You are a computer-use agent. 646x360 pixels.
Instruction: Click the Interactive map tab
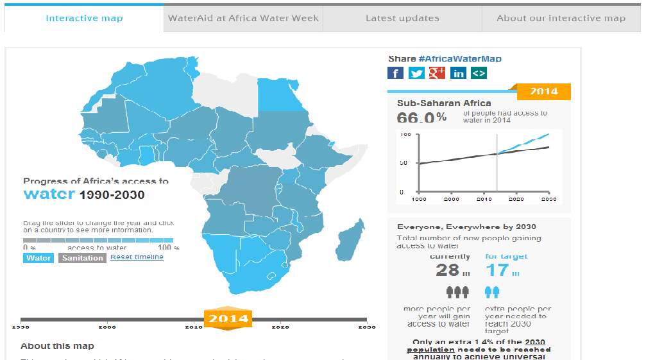coord(84,19)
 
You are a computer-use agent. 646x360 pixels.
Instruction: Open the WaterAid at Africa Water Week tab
coord(243,19)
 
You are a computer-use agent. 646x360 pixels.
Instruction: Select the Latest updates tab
coord(402,19)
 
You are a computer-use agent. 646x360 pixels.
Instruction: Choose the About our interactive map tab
coord(561,19)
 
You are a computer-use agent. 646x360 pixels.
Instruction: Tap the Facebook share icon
coord(396,73)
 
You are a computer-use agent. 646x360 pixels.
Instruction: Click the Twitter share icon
coord(416,73)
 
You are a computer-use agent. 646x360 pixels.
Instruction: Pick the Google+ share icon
coord(437,73)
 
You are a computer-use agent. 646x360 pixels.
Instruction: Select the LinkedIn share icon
coord(458,73)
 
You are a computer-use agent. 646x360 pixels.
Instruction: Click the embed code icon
coord(479,73)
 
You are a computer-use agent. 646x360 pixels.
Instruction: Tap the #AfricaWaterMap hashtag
coord(460,59)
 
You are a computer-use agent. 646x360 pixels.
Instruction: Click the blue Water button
coord(38,258)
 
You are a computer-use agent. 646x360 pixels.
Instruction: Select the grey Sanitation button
coord(82,258)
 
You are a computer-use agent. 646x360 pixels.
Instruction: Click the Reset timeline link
coord(137,257)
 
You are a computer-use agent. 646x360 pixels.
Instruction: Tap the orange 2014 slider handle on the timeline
coord(228,318)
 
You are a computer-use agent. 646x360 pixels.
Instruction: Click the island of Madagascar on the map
coord(350,241)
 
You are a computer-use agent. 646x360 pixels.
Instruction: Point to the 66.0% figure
coord(421,117)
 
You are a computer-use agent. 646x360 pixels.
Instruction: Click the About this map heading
coord(57,346)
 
